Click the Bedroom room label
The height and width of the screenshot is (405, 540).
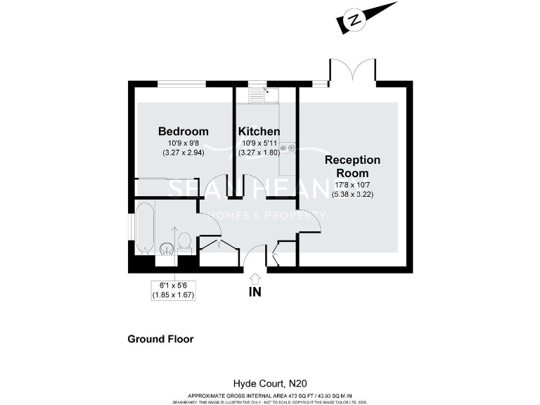coord(183,131)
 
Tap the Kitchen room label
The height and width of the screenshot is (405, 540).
coord(259,131)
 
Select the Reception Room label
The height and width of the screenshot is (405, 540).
coord(352,166)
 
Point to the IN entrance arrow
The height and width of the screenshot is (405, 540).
coord(255,278)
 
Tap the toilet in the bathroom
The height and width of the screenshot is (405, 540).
coord(185,241)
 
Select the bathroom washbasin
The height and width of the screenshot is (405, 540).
coord(167,247)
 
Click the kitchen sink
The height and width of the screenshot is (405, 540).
coord(268,94)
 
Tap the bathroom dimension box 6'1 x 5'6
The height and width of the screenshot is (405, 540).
coord(173,290)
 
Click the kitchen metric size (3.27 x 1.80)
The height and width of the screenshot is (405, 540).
coord(259,152)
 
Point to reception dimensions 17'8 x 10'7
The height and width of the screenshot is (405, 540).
coord(352,185)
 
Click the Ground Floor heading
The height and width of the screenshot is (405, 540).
coord(160,339)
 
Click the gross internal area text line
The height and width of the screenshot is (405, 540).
coord(270,396)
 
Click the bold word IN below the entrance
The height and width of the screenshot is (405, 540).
coord(255,292)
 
